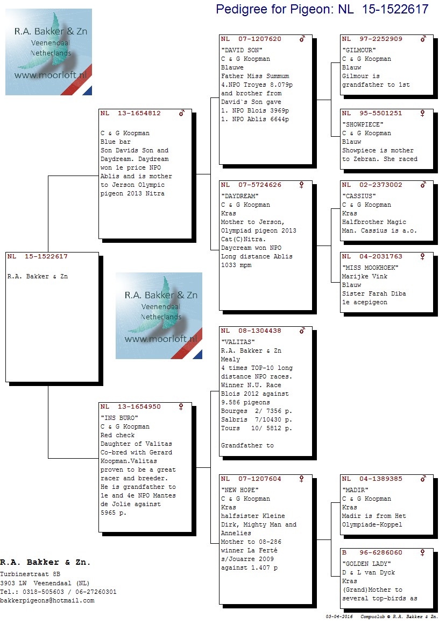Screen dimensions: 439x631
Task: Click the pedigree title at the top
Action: pos(322,9)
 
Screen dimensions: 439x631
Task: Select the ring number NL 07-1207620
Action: pos(251,39)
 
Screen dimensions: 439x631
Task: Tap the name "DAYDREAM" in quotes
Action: pos(239,196)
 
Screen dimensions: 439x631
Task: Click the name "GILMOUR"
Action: pos(359,50)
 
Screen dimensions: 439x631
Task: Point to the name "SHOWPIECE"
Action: pos(363,124)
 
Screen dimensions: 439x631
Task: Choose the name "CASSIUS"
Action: pos(359,196)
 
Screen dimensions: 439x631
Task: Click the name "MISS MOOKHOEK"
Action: pos(370,268)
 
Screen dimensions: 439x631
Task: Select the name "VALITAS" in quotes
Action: pos(238,342)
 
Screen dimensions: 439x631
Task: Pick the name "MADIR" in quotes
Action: pos(355,490)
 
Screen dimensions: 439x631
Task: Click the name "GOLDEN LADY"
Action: pos(366,564)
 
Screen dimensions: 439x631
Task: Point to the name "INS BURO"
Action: pos(119,418)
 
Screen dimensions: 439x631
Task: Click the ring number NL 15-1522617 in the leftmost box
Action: pos(37,256)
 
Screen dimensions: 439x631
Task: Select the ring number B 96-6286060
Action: pos(372,552)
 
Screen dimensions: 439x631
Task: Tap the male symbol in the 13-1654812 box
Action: pos(182,113)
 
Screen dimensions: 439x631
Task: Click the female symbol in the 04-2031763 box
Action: pos(422,256)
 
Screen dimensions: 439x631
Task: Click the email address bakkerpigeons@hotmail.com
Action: pos(47,601)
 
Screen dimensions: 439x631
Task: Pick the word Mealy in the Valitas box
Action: pos(230,359)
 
